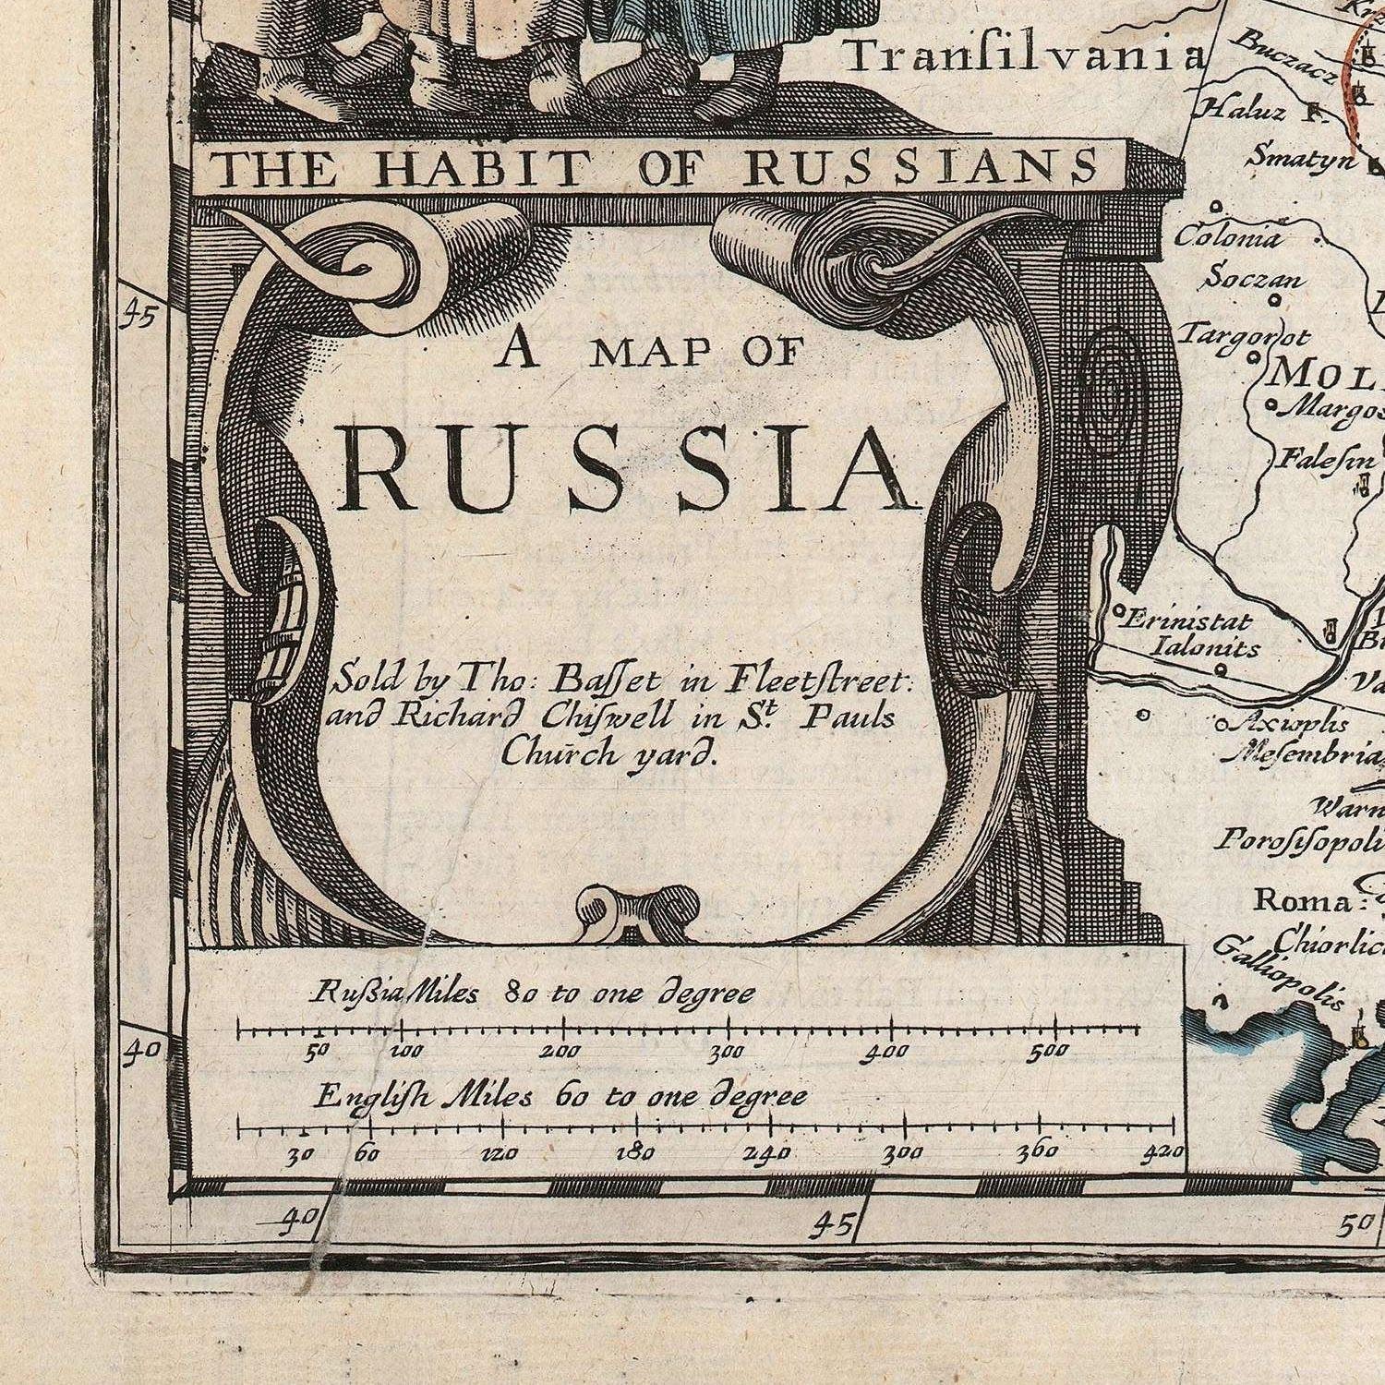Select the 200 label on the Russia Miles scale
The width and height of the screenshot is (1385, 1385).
560,1051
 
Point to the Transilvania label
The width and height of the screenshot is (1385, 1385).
1025,57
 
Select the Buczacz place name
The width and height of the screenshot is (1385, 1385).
1283,55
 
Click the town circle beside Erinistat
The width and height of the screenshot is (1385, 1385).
1117,610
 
